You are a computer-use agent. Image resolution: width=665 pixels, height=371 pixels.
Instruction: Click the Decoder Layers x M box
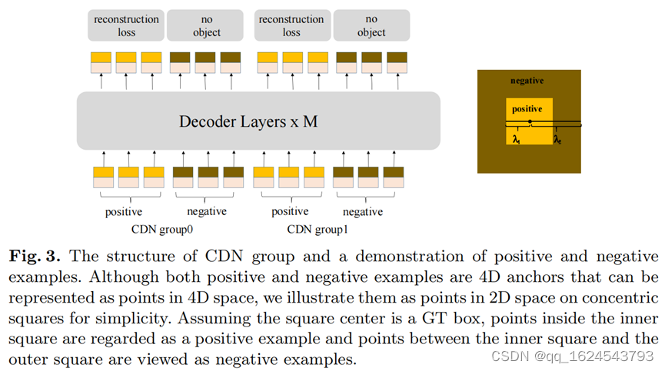click(258, 121)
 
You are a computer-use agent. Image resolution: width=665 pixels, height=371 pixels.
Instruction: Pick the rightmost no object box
click(371, 25)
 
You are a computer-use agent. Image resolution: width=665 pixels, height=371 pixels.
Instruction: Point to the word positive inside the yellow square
click(527, 109)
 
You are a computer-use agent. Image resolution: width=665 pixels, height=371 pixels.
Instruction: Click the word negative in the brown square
click(527, 81)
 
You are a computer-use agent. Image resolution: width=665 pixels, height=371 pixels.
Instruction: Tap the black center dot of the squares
click(530, 122)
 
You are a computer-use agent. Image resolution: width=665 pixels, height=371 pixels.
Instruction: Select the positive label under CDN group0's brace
click(123, 211)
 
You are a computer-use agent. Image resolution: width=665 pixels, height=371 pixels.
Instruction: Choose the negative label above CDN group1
click(362, 211)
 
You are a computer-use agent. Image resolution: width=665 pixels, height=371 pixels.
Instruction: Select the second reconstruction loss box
click(291, 25)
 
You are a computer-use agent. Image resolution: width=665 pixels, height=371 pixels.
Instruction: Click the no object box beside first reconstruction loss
click(207, 25)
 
